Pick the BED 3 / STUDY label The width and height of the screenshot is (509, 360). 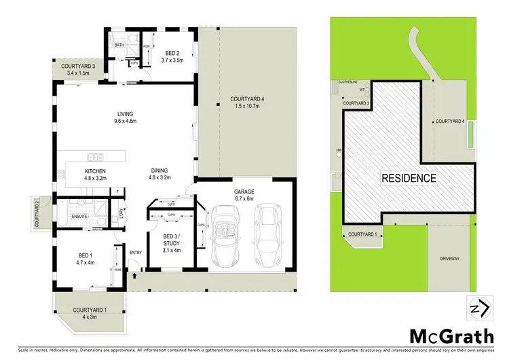(172, 240)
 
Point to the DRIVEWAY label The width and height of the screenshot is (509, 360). (450, 258)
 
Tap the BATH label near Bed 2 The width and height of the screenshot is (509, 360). (119, 45)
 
